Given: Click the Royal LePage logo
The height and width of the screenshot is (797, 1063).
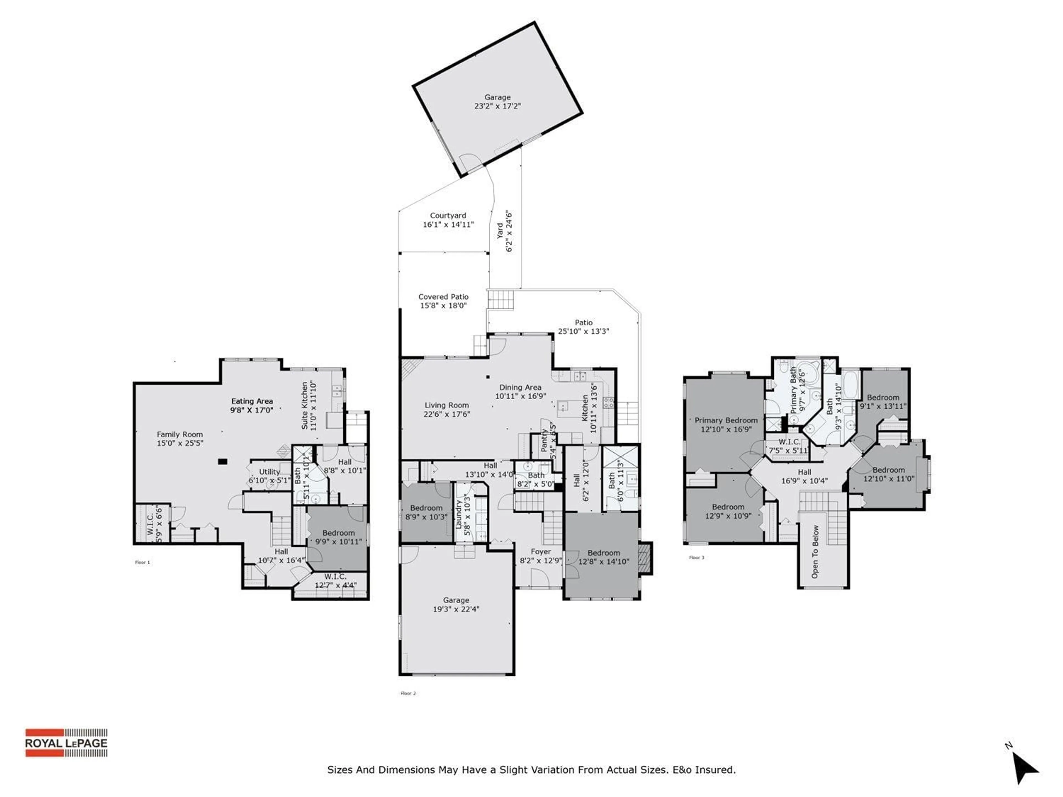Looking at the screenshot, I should pos(66,743).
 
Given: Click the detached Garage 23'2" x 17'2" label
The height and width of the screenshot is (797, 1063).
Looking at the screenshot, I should pos(497,101).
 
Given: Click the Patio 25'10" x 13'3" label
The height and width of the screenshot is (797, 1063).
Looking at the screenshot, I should pos(583,327).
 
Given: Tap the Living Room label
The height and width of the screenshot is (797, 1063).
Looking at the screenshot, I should pos(447,409).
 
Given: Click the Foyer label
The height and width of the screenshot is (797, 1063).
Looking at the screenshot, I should pos(541,556).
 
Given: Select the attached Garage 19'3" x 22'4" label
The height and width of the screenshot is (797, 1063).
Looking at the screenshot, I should pos(456,604).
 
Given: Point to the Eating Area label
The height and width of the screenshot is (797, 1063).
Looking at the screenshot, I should pos(252,405).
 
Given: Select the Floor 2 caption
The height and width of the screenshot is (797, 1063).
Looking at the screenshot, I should pos(408,693).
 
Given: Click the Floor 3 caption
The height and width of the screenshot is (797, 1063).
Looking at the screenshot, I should pos(696,558).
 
